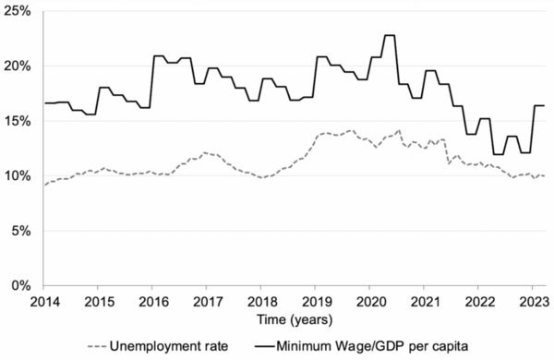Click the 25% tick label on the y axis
(18, 12)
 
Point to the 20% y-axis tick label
(18, 66)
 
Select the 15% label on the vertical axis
(18, 121)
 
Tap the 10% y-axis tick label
(18, 175)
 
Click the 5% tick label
(22, 231)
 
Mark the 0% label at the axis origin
(22, 285)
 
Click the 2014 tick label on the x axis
(43, 301)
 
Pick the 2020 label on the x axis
(370, 301)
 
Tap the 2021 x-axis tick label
(425, 301)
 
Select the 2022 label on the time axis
(479, 301)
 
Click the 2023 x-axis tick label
(534, 301)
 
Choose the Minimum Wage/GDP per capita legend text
(380, 346)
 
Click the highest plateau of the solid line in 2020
(389, 35)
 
